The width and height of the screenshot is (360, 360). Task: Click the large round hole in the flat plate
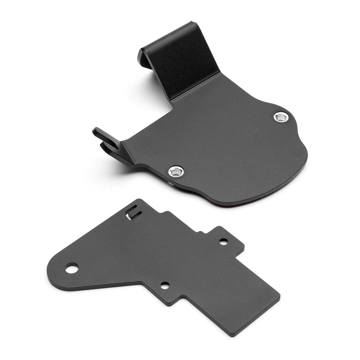71,269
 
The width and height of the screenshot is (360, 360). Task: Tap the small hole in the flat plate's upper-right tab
223,242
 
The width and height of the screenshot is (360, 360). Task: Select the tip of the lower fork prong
102,145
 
